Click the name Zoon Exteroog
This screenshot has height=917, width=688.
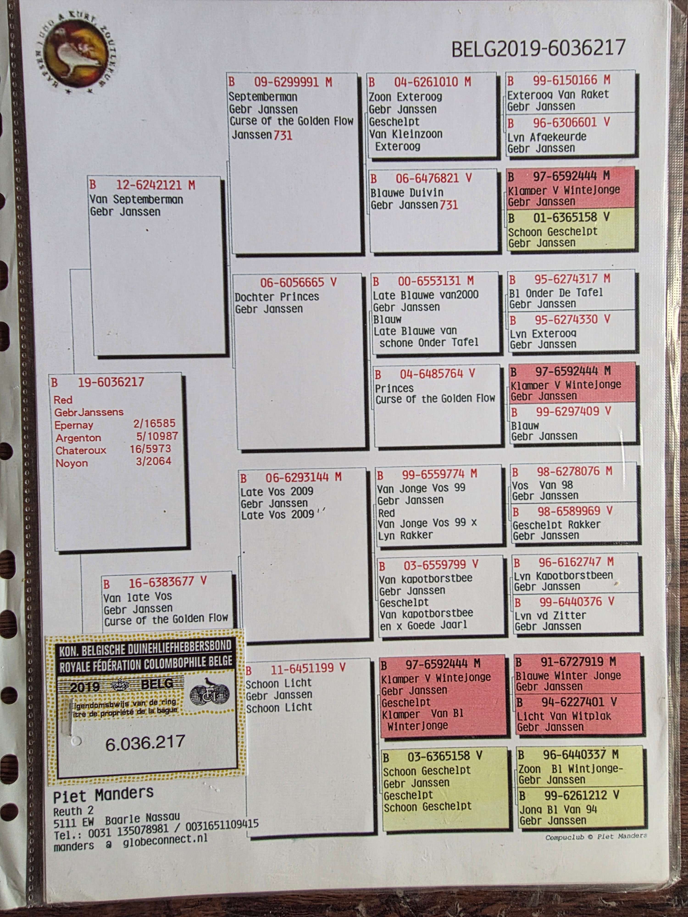pyautogui.click(x=405, y=97)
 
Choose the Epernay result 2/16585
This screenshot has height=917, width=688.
pyautogui.click(x=154, y=423)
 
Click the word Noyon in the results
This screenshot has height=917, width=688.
pyautogui.click(x=72, y=463)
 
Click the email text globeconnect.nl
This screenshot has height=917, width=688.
pyautogui.click(x=165, y=839)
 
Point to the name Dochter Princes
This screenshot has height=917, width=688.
pyautogui.click(x=277, y=297)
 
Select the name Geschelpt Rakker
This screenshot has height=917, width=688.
pyautogui.click(x=556, y=525)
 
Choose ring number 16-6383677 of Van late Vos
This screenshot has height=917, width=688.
pyautogui.click(x=161, y=583)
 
